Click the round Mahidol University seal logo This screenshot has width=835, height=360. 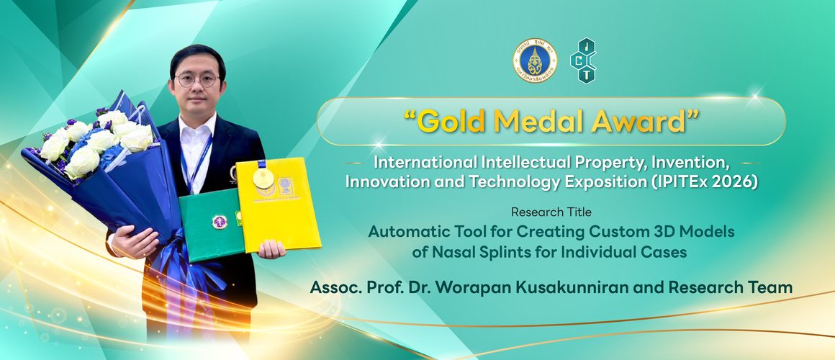point(534,61)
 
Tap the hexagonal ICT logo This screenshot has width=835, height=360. point(583,60)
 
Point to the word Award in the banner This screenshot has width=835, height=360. point(641,123)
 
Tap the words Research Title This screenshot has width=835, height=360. point(551,212)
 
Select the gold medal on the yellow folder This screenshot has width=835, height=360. point(263,177)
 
